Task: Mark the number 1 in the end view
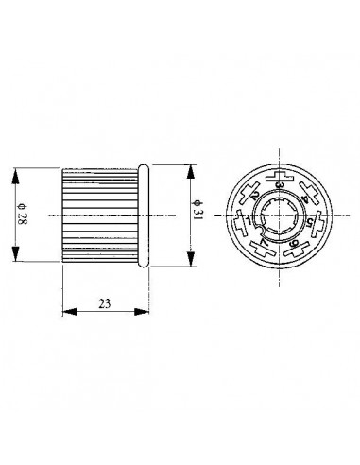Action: tap(248, 223)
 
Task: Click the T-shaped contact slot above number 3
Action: tap(280, 176)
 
